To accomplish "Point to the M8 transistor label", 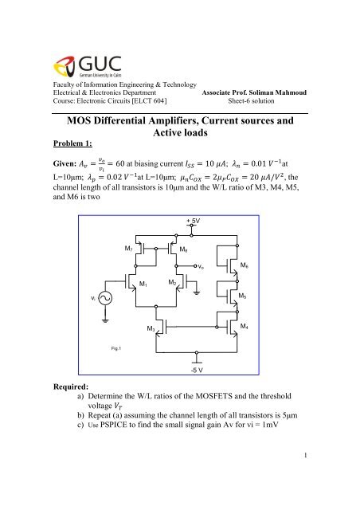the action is tap(184, 250).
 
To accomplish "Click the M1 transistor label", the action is tap(143, 284).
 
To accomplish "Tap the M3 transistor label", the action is tap(151, 328).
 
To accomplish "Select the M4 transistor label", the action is tap(244, 325).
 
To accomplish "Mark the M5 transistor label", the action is tap(244, 296).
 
